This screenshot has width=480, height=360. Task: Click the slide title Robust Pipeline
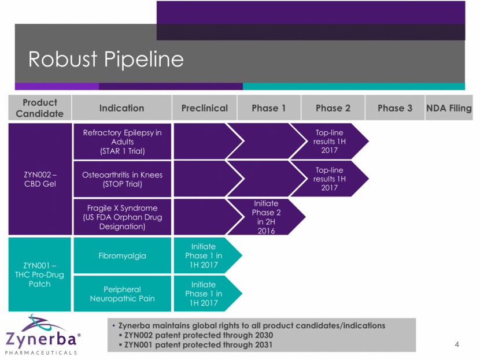[x=107, y=59]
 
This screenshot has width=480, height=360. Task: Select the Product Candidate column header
[x=40, y=108]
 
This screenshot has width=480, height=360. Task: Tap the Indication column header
[x=121, y=108]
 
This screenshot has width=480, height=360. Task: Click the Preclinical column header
[x=204, y=108]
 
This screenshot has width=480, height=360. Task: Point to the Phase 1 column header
[x=269, y=108]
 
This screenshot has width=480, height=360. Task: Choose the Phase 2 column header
[x=333, y=108]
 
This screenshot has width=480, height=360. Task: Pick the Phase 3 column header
[x=395, y=108]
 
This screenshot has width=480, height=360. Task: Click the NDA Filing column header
[x=449, y=108]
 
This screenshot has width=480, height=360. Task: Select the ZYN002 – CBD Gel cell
[x=40, y=179]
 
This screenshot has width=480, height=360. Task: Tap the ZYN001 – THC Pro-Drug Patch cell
[x=40, y=274]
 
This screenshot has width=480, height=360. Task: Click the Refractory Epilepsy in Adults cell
[x=121, y=142]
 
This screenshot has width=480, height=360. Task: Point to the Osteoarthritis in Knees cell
[x=121, y=179]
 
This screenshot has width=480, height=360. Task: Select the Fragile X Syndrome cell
[x=121, y=217]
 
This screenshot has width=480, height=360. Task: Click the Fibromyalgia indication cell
[x=121, y=255]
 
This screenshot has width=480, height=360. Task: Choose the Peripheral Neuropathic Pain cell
[x=121, y=294]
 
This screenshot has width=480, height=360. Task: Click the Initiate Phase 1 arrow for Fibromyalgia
[x=204, y=255]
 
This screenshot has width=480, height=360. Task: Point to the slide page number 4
[x=457, y=345]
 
